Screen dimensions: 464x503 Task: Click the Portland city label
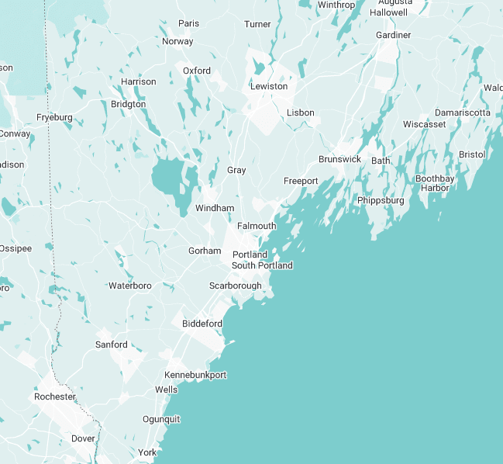250,255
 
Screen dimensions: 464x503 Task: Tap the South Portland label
262,265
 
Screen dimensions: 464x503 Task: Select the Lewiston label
269,86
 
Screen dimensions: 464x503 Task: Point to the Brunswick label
339,159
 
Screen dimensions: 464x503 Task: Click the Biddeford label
202,324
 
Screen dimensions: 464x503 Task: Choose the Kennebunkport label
195,375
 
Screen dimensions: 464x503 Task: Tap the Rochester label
55,396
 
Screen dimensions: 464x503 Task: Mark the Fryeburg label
54,118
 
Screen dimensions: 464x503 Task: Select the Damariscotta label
463,113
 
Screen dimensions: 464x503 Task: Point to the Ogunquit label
161,419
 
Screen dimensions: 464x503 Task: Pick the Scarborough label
236,286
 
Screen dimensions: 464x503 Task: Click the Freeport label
301,181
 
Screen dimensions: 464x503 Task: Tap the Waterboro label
130,286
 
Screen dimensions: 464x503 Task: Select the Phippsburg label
381,200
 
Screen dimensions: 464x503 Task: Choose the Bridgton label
128,104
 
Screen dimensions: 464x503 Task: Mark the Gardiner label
393,36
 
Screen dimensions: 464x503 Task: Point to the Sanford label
112,344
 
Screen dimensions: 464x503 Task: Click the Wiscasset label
425,124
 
